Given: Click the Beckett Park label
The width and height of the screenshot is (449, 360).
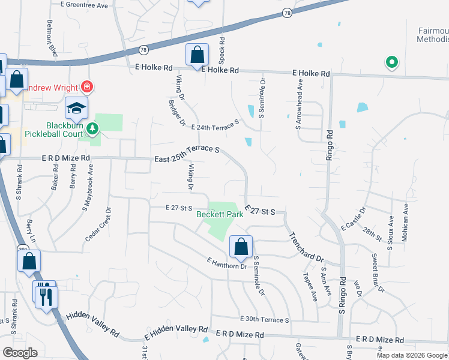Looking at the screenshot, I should pos(220,214).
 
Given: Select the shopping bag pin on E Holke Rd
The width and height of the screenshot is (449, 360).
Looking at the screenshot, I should pos(197,56).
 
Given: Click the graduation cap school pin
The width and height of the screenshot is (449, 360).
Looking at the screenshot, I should pos(76,109).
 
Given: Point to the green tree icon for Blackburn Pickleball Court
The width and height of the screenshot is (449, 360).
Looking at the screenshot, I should pos(92,128).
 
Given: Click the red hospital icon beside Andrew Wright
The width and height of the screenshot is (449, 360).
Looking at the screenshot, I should pos(87,86).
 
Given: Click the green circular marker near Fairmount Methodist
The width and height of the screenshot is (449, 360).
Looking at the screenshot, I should pos(391,61).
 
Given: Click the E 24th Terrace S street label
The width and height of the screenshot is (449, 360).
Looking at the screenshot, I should pos(215,125).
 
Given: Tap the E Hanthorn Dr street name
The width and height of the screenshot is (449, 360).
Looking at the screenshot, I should pos(226,263).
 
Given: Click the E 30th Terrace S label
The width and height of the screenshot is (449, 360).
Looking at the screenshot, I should pos(264,320).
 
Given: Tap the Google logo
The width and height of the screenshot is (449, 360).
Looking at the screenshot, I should pos(20,353).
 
